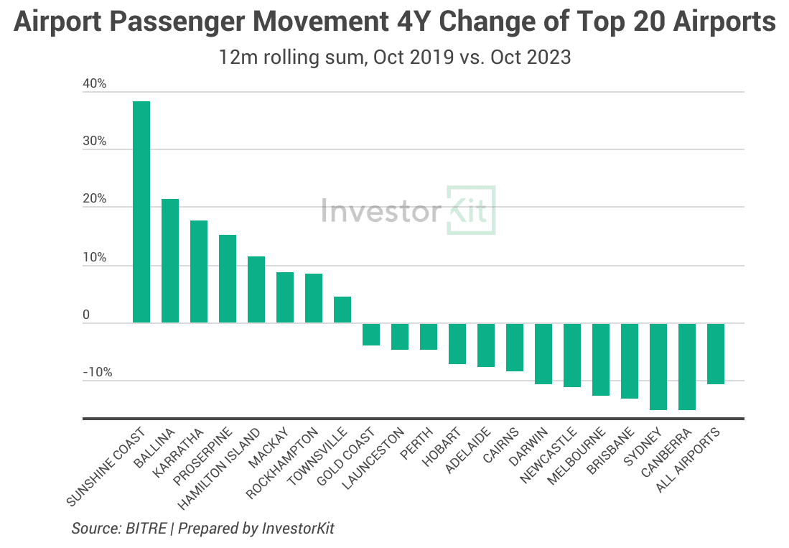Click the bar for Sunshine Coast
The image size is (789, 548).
point(141,212)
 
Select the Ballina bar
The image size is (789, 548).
point(170,261)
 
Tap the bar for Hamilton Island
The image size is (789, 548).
point(256,289)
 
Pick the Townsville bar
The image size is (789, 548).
point(342,310)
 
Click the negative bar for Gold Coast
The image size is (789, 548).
point(371,334)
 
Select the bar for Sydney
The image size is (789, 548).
point(658,366)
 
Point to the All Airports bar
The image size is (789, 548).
point(716,353)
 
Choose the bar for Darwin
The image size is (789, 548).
point(543,353)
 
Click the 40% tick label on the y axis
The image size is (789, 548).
point(94,84)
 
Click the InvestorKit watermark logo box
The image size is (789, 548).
point(471,210)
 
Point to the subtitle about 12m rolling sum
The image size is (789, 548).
point(395,57)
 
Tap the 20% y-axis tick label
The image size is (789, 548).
point(94,199)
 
